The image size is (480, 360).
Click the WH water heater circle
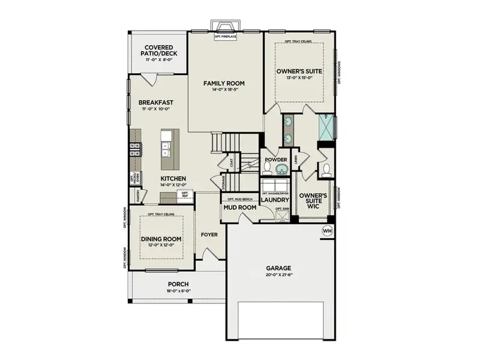coord(327,231)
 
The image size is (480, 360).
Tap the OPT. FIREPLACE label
coord(226,37)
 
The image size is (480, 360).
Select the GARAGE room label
coord(278,268)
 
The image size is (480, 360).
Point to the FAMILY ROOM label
coord(224,83)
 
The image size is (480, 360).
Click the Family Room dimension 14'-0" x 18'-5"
coord(224,91)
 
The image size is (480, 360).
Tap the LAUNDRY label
coord(276,200)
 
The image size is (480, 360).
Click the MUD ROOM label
coord(239,208)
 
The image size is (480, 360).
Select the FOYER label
coord(209,234)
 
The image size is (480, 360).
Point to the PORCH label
coord(178,284)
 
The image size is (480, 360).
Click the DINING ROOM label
coord(161,238)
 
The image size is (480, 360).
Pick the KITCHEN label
coord(173,179)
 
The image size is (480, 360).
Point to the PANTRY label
coord(138,194)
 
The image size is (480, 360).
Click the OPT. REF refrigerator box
coord(185,195)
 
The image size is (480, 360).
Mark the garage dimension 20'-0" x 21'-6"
coord(278,276)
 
